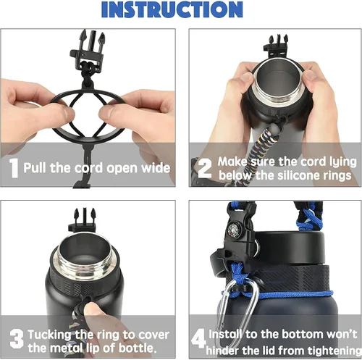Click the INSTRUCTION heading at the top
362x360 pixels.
point(182,9)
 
